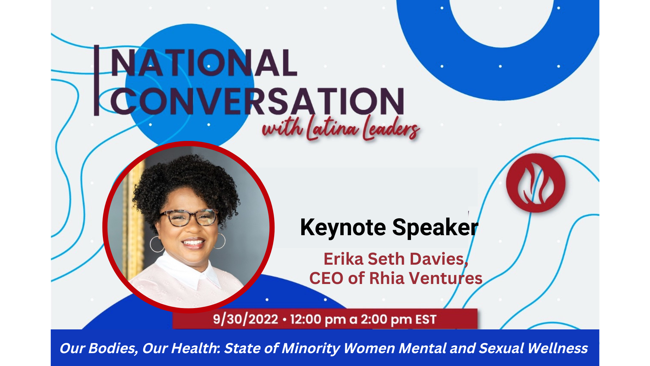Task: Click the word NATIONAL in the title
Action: pyautogui.click(x=204, y=63)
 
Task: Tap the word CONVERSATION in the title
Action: pyautogui.click(x=257, y=101)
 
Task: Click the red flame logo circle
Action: pyautogui.click(x=536, y=183)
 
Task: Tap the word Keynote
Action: pyautogui.click(x=343, y=227)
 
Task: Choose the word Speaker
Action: pyautogui.click(x=435, y=227)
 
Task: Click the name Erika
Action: pyautogui.click(x=343, y=259)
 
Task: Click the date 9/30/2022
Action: pyautogui.click(x=245, y=319)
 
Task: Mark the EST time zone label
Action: pyautogui.click(x=426, y=319)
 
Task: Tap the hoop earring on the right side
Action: pyautogui.click(x=220, y=241)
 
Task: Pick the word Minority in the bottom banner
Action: pyautogui.click(x=311, y=349)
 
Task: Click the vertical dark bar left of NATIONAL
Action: pyautogui.click(x=96, y=80)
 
